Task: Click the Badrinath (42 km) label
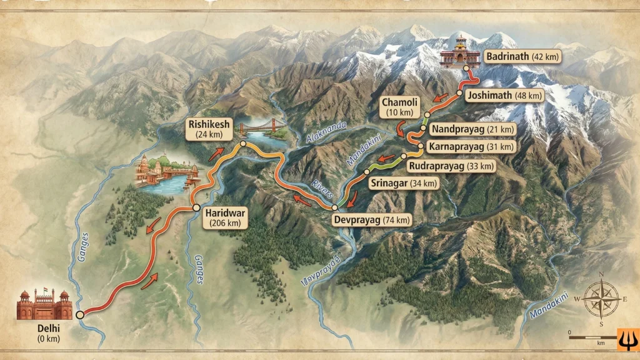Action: [x=522, y=56]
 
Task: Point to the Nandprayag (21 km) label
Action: [x=473, y=129]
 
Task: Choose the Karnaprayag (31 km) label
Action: [x=472, y=147]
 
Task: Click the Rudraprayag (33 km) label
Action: [x=450, y=166]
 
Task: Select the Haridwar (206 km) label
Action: [x=225, y=217]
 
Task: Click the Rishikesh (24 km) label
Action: [x=209, y=129]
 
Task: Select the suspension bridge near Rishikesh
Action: [x=261, y=126]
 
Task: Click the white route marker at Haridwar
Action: [x=196, y=207]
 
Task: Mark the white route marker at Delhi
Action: [x=79, y=315]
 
